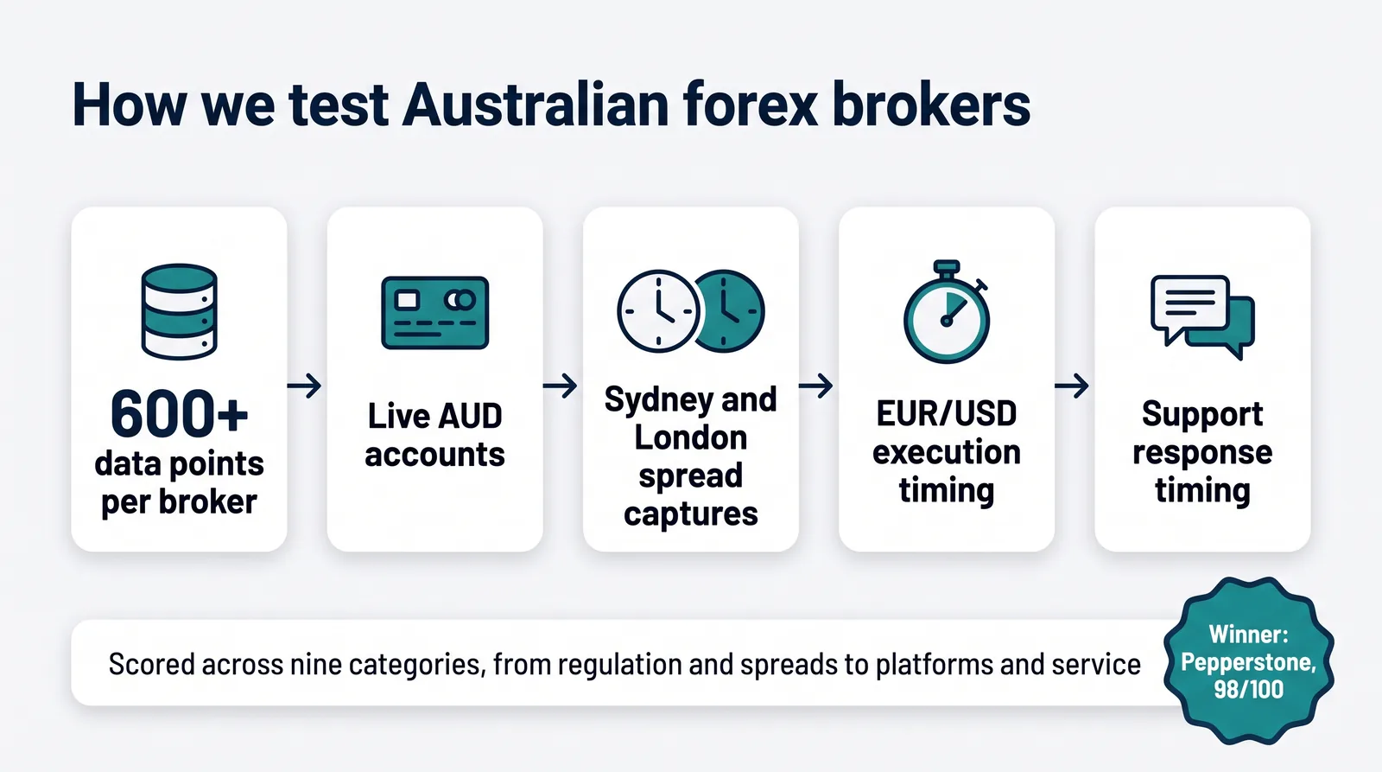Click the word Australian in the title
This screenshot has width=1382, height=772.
tap(536, 104)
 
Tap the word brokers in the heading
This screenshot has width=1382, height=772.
tap(931, 104)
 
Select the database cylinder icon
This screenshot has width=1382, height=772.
tap(179, 312)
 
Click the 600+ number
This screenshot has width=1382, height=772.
tap(179, 413)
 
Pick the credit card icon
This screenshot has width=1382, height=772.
tap(435, 312)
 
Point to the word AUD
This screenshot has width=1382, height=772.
tap(470, 416)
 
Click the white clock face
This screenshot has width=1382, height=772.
tap(658, 311)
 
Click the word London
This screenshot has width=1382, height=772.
tap(690, 437)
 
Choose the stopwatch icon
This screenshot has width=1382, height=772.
tap(947, 311)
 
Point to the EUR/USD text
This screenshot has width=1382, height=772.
tap(947, 413)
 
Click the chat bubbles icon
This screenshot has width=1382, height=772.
tap(1202, 316)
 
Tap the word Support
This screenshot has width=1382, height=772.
tap(1202, 414)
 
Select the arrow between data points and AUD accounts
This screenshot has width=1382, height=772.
tap(305, 386)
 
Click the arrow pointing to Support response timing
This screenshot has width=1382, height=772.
tap(1072, 386)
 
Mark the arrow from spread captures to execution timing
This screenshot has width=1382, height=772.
tap(815, 386)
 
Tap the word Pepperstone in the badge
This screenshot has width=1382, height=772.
tap(1248, 663)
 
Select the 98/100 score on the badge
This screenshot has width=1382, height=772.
tap(1249, 689)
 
